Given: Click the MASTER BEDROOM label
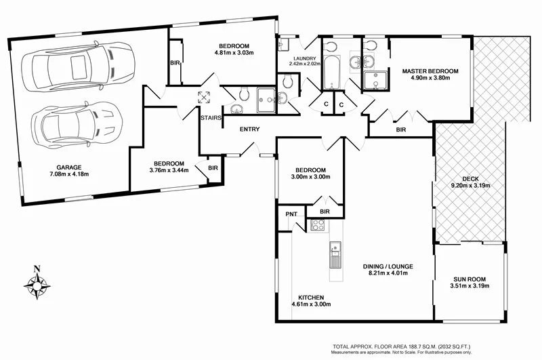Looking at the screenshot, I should click(x=430, y=71).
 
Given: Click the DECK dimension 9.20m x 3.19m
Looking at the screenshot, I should click(x=470, y=185).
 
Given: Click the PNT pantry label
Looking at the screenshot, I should click(x=291, y=215).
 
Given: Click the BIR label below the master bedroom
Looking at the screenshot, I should click(x=400, y=129).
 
